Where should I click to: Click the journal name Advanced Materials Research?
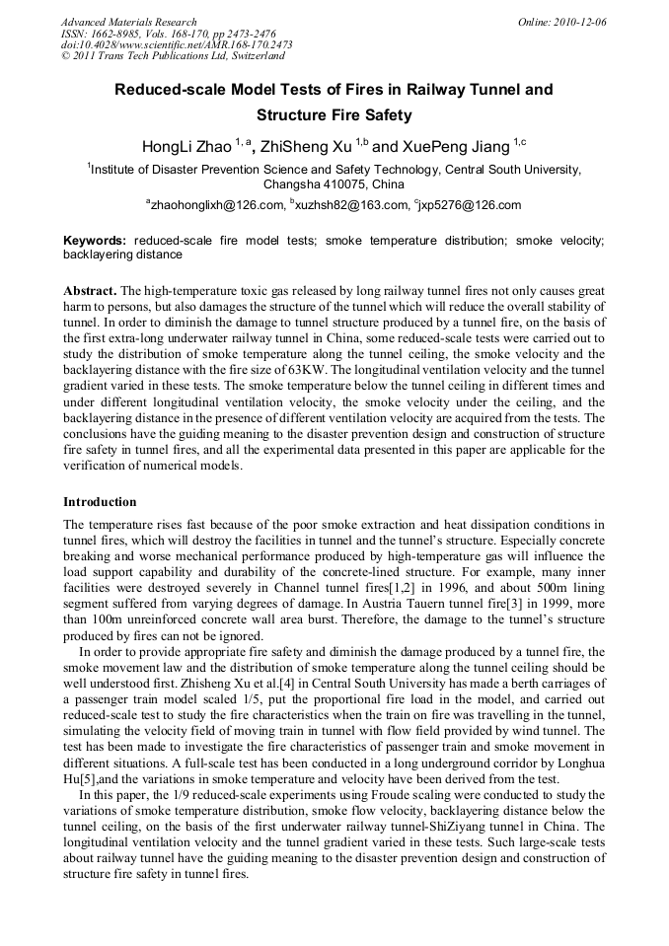click(128, 22)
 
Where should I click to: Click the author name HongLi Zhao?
click(186, 147)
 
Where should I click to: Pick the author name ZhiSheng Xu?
click(302, 147)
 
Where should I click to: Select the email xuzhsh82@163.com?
click(350, 205)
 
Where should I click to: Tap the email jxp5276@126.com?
click(471, 205)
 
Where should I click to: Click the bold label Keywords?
click(95, 240)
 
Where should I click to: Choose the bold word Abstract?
click(90, 291)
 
